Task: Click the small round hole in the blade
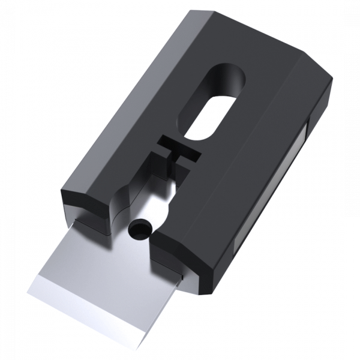[x=140, y=228]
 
